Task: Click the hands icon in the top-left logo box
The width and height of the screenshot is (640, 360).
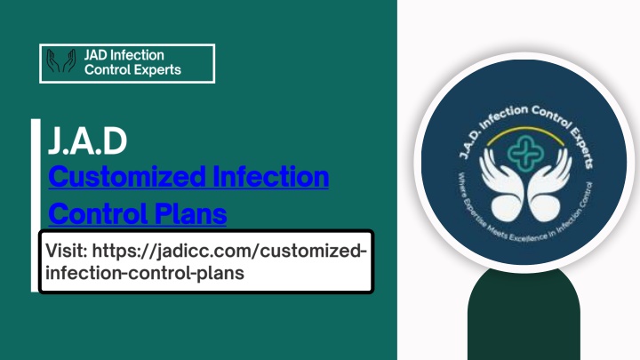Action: tap(61, 61)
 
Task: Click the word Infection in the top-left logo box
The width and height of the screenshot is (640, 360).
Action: tap(138, 55)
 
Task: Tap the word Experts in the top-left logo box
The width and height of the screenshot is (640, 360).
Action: tap(156, 70)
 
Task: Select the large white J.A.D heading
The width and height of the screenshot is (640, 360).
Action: tap(87, 140)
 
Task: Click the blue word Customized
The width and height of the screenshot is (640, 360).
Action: tap(127, 177)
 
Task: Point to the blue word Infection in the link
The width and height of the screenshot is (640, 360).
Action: tap(271, 176)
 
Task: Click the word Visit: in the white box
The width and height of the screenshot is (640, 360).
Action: tap(67, 250)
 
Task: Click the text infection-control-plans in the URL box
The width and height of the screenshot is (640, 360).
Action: tap(145, 273)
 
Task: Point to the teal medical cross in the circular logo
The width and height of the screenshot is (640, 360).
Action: tap(525, 153)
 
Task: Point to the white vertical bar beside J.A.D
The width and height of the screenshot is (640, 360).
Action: tap(36, 205)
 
